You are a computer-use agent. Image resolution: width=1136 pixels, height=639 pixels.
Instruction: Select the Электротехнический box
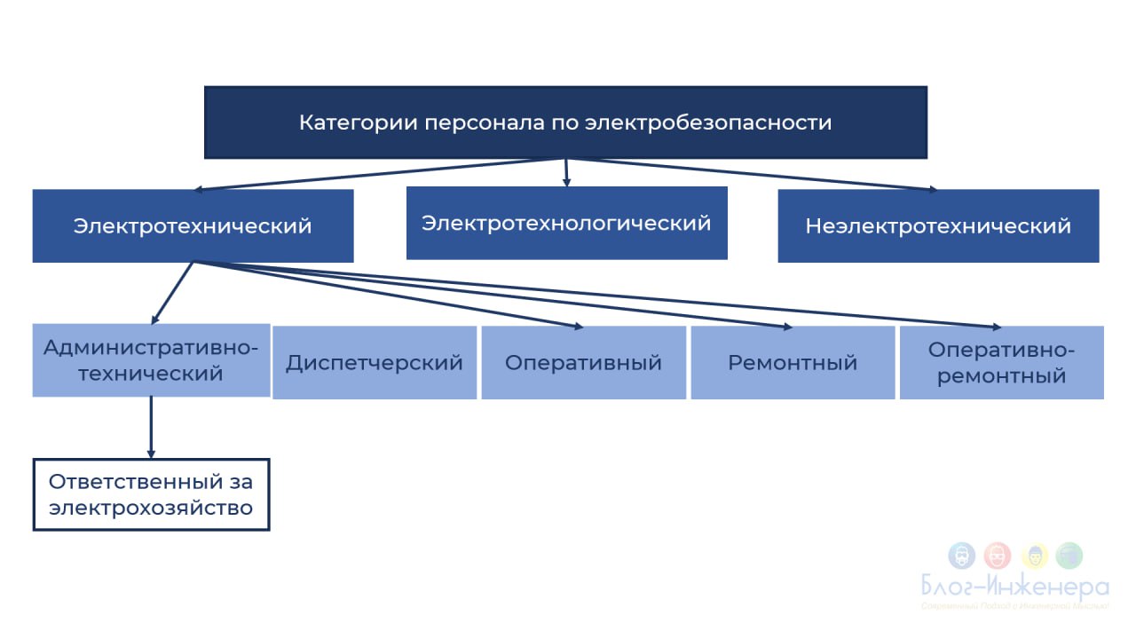point(193,225)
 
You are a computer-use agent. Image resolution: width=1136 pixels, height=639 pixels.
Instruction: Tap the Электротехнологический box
point(566,223)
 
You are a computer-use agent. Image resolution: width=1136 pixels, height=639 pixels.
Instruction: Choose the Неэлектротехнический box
point(938,225)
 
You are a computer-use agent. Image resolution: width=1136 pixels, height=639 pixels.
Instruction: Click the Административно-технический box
point(151,359)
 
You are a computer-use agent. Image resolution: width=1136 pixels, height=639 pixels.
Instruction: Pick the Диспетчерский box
point(375,362)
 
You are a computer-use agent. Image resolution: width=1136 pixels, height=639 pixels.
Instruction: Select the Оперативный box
point(583,362)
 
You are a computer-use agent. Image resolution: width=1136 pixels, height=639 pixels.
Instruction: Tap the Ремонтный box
point(793,362)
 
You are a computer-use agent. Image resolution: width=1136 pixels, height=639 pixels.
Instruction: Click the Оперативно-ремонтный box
point(1001,362)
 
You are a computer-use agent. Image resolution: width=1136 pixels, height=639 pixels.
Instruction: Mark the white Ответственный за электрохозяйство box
point(151,494)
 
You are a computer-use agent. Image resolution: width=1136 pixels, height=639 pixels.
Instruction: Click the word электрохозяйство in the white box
point(151,509)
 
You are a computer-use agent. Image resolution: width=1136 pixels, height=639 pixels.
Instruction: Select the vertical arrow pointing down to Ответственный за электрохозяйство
point(151,426)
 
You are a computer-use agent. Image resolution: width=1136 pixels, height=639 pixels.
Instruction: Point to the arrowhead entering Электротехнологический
point(566,182)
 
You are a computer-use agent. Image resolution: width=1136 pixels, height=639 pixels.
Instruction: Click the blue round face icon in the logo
point(961,556)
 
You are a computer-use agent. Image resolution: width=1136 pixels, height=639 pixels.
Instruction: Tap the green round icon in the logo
point(1070,556)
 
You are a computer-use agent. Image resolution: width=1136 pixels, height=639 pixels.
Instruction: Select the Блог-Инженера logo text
point(1014,587)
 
